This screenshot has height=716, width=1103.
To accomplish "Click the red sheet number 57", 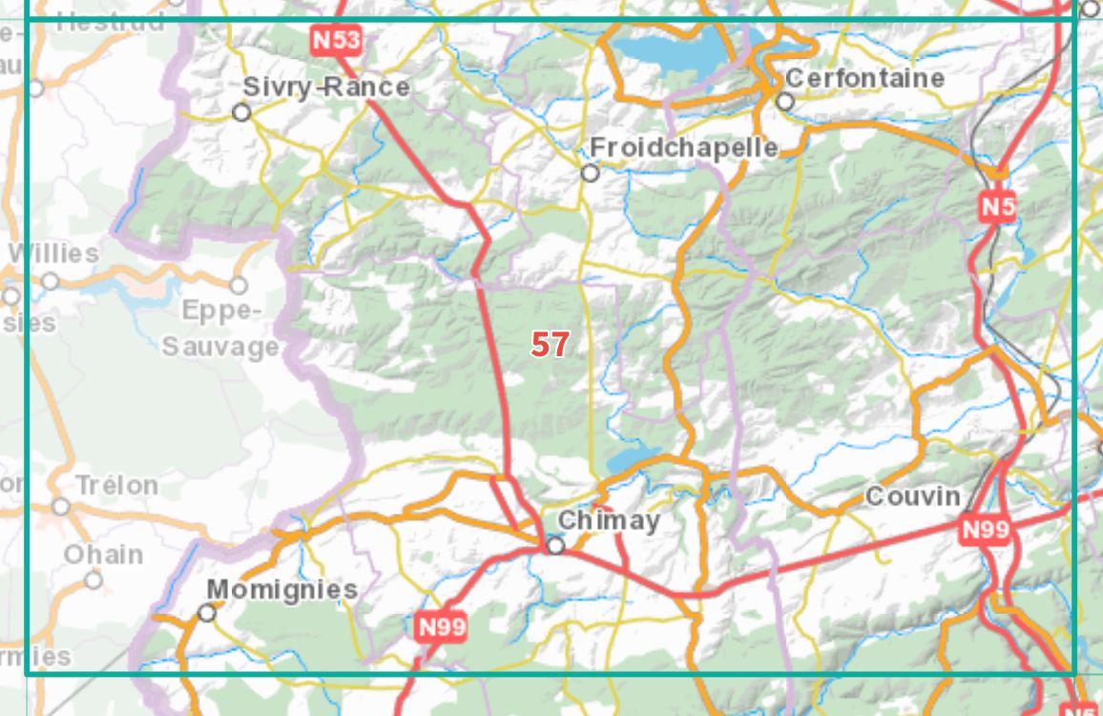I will click(550, 345).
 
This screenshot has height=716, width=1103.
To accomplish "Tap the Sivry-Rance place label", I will click(325, 87).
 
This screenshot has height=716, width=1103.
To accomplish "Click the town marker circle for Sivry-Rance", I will click(242, 113).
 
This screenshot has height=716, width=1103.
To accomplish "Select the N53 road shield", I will click(337, 40).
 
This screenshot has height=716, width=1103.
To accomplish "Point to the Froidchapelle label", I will click(683, 148).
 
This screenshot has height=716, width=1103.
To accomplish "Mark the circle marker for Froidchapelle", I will click(591, 173).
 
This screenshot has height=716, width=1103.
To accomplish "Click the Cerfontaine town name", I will click(864, 78).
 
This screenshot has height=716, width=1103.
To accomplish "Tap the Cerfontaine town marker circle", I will click(785, 101).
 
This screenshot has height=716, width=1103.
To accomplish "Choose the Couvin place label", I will click(913, 496).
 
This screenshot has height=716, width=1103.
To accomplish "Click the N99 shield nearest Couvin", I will click(985, 530).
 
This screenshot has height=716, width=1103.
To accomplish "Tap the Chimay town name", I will click(609, 520).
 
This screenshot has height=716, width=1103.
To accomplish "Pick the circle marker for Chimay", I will click(556, 545).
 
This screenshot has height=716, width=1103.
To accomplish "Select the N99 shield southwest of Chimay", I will click(442, 627).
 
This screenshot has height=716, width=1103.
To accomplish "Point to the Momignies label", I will click(282, 589).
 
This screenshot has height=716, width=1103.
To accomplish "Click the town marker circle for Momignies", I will click(207, 613).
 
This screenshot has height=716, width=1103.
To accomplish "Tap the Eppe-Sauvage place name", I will click(220, 328).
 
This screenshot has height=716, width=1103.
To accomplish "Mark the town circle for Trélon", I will click(62, 506).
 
